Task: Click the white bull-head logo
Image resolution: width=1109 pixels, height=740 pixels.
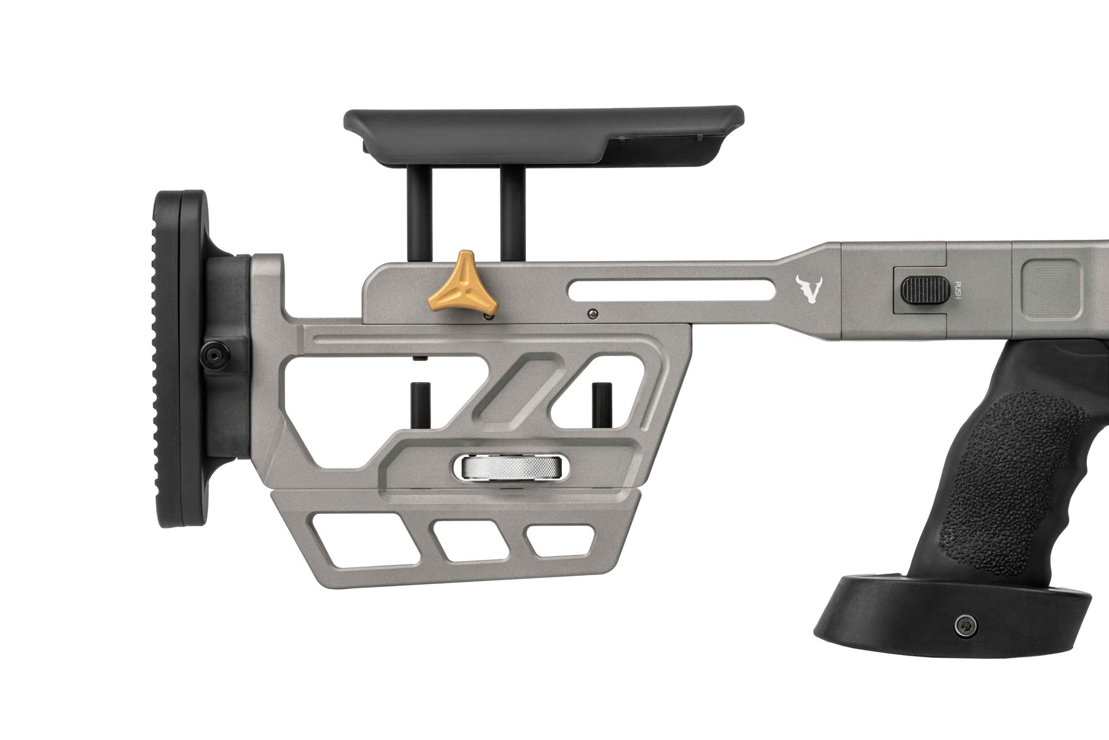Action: click(x=808, y=289)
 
